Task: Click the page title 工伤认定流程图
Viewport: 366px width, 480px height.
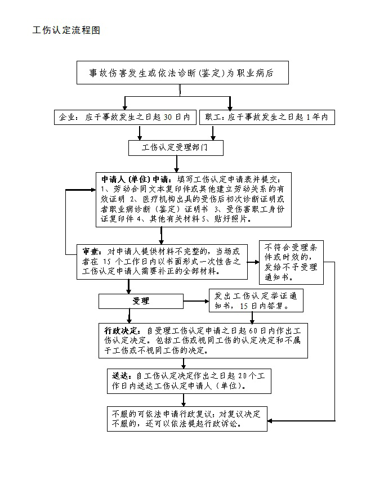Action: click(x=66, y=30)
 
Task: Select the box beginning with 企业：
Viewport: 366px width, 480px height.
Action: click(x=124, y=117)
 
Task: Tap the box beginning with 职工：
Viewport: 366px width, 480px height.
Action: click(x=270, y=117)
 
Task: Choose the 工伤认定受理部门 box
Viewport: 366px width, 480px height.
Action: click(x=175, y=148)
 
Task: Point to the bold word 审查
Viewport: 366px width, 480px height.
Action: click(x=92, y=251)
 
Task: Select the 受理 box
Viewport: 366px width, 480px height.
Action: click(x=141, y=301)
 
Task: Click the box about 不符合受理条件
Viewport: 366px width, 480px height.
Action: click(x=291, y=262)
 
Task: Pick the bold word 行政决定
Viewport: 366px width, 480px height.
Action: click(x=122, y=330)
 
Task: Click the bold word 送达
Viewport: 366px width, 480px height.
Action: click(x=122, y=375)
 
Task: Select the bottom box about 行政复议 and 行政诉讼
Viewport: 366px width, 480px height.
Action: click(x=186, y=418)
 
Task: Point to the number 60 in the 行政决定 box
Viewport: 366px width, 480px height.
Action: click(x=255, y=330)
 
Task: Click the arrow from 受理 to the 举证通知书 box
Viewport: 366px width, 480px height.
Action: click(x=195, y=301)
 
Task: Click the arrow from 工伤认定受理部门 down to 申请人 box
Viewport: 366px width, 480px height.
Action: click(x=177, y=163)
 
